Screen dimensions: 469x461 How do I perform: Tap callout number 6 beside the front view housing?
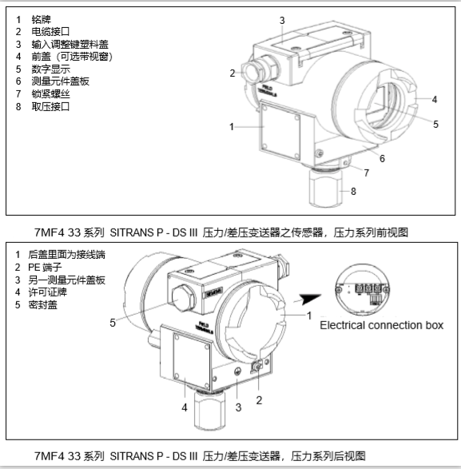[382, 159]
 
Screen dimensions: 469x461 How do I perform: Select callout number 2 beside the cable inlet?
[232, 73]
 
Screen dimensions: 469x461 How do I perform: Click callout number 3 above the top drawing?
[281, 19]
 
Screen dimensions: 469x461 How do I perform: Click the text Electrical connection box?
[380, 325]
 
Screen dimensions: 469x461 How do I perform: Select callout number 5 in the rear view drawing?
[113, 323]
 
